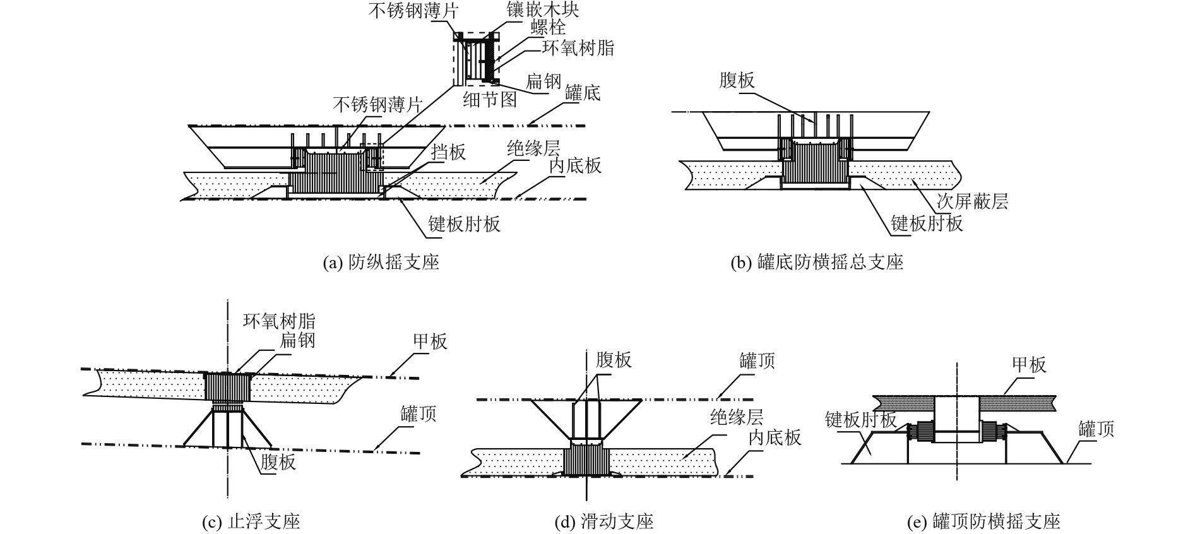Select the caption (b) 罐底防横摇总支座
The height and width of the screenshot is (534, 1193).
tap(816, 262)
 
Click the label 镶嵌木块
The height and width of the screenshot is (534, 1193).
tap(543, 9)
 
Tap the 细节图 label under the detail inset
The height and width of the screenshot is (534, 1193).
tap(490, 99)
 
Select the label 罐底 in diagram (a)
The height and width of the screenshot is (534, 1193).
tap(583, 93)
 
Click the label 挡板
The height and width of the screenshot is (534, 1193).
tap(448, 151)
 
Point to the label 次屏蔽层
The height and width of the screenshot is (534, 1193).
tap(972, 201)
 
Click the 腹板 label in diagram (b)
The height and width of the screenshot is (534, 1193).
tap(737, 80)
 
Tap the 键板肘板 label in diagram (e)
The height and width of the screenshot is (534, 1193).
tap(860, 420)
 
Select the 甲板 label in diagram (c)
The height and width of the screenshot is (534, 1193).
tap(430, 341)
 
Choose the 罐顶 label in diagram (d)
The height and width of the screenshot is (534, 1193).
tap(757, 361)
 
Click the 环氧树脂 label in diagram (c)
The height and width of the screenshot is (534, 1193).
tap(279, 321)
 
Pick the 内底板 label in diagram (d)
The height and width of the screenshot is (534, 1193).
tap(775, 437)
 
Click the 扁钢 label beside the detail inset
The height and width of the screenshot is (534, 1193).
tap(543, 80)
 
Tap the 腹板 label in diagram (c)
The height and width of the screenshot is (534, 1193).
tap(278, 461)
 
